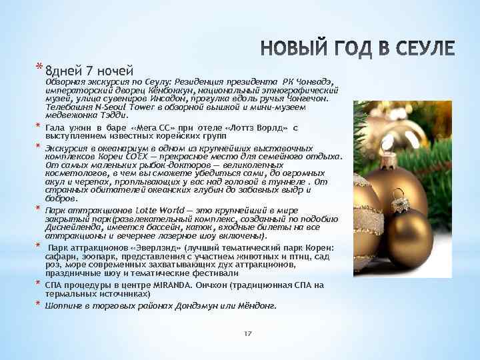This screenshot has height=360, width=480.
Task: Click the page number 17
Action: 247,333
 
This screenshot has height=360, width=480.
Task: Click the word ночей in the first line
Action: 116,70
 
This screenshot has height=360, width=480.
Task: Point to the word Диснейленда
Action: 71,227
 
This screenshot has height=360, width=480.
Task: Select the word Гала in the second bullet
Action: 55,127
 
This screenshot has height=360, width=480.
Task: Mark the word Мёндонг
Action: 255,306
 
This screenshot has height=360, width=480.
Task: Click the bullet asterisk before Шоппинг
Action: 39,305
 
